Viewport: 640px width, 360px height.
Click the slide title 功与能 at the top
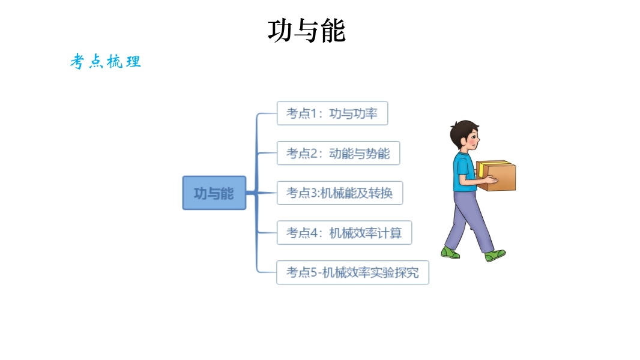pos(307,31)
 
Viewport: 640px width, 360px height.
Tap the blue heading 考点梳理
pos(105,62)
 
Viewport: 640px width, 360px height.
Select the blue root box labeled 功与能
pos(214,193)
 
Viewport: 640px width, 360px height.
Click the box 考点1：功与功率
pos(332,113)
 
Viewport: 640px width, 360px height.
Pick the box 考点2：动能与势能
pos(339,153)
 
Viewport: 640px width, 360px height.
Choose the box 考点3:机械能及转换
pos(340,193)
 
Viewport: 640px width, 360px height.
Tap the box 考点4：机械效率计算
pos(344,233)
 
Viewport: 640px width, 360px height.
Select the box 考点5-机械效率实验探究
pos(352,272)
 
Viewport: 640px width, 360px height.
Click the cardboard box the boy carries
pos(496,176)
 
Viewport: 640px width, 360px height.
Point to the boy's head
pos(465,134)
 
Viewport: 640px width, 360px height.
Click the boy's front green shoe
pos(495,256)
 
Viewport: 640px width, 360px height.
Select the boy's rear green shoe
pos(450,253)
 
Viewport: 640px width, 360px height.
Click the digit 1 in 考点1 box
pos(313,113)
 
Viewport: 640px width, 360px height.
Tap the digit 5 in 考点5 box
pos(313,272)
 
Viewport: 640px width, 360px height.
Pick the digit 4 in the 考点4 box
pos(313,233)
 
